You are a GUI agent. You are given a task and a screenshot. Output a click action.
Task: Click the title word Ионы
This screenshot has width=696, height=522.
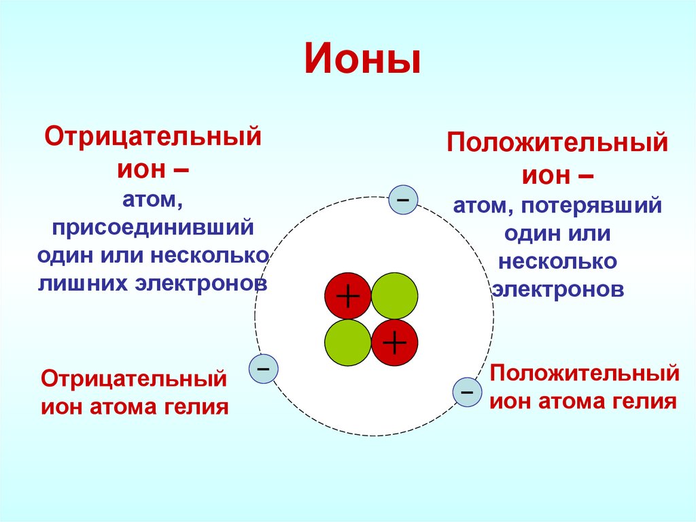point(362,60)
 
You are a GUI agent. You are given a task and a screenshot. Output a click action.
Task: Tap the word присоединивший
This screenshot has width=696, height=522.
point(153,229)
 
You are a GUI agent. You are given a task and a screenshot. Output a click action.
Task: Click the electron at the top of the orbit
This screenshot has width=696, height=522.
point(402,201)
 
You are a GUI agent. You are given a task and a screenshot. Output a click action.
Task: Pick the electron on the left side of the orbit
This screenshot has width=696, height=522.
point(264,369)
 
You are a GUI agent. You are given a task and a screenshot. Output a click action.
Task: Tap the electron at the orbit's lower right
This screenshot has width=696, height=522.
point(467,393)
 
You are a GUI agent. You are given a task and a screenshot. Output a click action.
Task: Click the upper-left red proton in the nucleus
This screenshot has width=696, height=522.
point(347,297)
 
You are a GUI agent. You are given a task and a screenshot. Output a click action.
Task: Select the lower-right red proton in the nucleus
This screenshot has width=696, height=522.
point(395,343)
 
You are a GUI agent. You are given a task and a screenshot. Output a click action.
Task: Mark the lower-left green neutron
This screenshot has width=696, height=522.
point(347,343)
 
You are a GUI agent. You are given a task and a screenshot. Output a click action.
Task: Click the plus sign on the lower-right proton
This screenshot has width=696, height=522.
point(395,343)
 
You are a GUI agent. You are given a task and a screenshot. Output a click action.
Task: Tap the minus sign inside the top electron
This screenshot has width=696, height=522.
point(402,201)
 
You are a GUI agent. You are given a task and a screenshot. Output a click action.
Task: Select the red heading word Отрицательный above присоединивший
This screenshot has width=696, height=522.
point(153,135)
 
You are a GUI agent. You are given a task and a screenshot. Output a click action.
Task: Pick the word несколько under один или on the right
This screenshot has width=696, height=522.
point(557,261)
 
